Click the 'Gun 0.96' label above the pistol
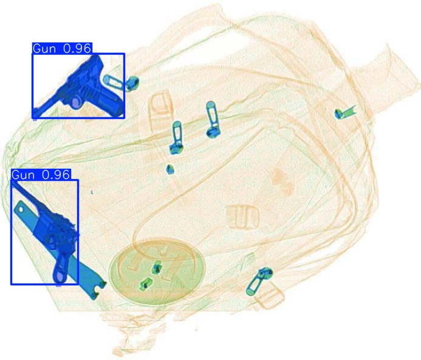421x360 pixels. pyautogui.click(x=62, y=49)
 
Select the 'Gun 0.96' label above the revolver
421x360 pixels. pyautogui.click(x=41, y=175)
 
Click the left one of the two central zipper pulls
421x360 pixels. pyautogui.click(x=176, y=137)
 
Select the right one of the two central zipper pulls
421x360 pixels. pyautogui.click(x=211, y=118)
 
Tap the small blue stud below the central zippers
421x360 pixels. pyautogui.click(x=170, y=169)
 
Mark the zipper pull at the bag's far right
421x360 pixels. pyautogui.click(x=344, y=113)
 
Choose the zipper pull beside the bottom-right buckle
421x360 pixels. pyautogui.click(x=258, y=281)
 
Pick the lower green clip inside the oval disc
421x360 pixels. pyautogui.click(x=145, y=283)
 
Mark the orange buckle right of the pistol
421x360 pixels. pyautogui.click(x=160, y=106)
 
